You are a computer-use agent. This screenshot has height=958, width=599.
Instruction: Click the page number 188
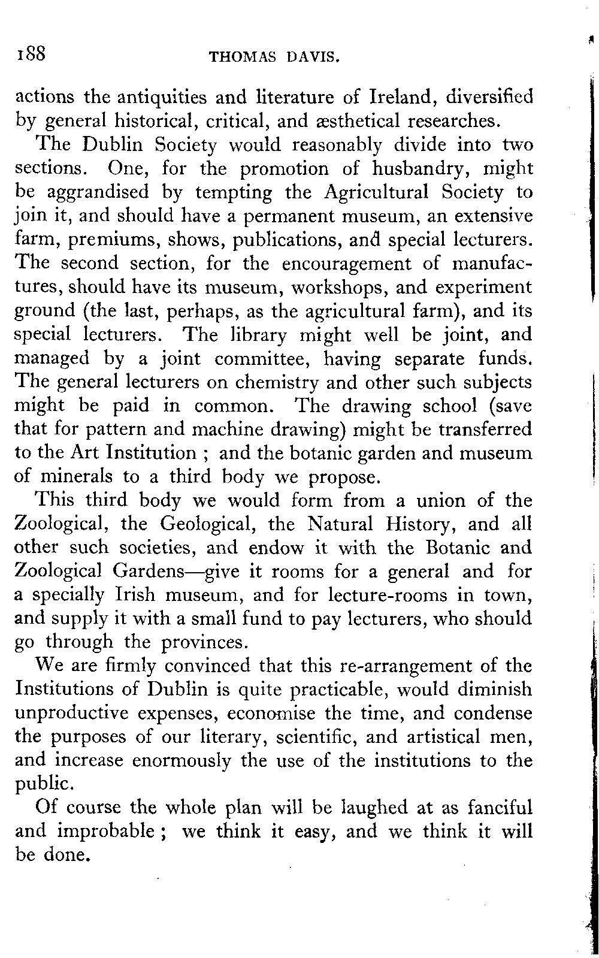[x=31, y=54]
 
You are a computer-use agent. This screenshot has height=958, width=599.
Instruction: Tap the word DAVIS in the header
[x=314, y=58]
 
